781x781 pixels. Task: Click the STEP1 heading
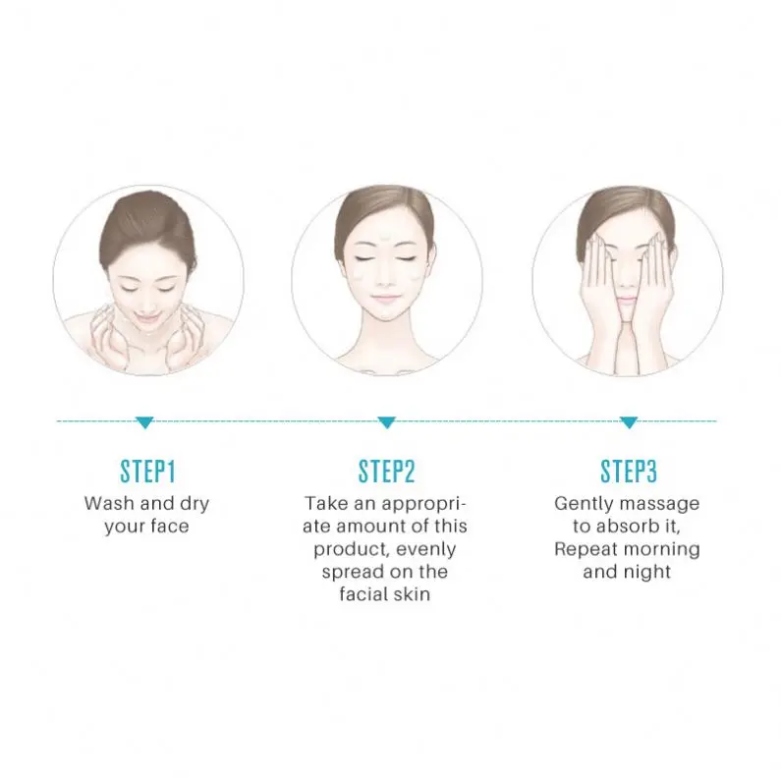tap(146, 471)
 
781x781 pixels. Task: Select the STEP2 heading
tap(386, 471)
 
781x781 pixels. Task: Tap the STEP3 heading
tap(627, 471)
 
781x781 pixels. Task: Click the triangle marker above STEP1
tap(145, 422)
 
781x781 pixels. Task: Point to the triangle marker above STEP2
tap(387, 422)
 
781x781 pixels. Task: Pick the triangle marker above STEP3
tap(628, 422)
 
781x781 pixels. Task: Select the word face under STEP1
tap(168, 527)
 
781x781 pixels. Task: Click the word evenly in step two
tap(426, 549)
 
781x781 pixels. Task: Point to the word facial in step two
tap(367, 594)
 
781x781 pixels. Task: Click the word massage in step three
tap(662, 503)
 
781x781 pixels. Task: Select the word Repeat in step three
tap(587, 548)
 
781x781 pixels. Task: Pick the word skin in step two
tap(413, 594)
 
